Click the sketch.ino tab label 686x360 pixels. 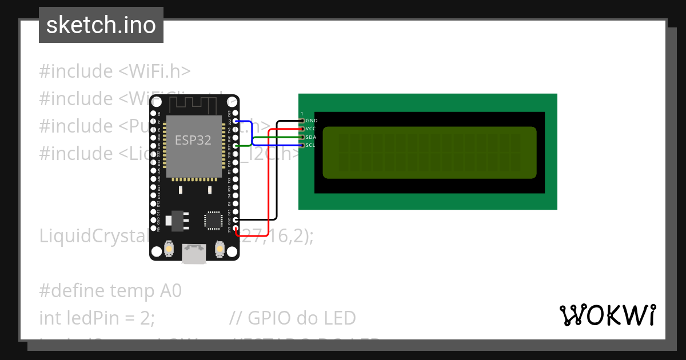click(101, 25)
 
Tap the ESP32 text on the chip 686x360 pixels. click(193, 141)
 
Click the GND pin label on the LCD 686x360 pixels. click(311, 121)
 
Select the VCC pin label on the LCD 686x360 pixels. click(310, 129)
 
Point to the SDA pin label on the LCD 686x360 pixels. click(310, 137)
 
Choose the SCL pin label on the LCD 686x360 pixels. click(310, 145)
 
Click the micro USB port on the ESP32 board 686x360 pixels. click(194, 253)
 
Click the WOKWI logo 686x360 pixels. click(607, 315)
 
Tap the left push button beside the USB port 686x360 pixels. click(169, 249)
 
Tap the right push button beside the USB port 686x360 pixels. click(219, 249)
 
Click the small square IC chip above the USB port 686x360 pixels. click(213, 220)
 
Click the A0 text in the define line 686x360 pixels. click(170, 291)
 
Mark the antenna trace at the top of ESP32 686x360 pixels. click(194, 105)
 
